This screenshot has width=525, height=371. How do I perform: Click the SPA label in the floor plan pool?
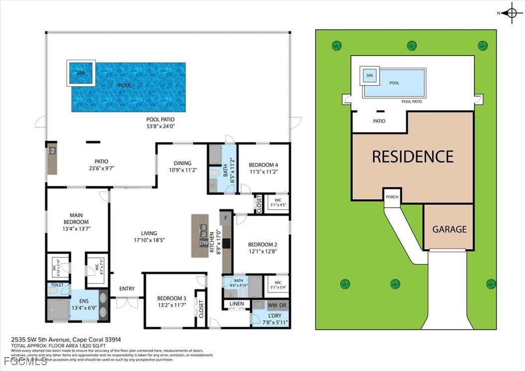(81, 73)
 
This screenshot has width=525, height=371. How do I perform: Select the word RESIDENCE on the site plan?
(412, 156)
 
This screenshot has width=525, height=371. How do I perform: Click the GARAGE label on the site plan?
(449, 229)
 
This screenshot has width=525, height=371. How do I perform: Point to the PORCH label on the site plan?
(392, 197)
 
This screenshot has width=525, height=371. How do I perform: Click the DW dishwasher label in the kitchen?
(204, 243)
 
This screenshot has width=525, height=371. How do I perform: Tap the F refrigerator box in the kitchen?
(226, 218)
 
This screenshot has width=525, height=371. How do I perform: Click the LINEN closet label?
(237, 303)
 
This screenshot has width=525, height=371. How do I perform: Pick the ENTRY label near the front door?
(127, 289)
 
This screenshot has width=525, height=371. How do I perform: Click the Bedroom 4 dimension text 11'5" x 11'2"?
(263, 172)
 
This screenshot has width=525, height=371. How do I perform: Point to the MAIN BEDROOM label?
(76, 218)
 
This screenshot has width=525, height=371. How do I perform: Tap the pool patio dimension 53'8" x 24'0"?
(160, 126)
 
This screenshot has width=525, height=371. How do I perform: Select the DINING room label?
(182, 163)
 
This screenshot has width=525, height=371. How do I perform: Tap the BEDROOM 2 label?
(262, 245)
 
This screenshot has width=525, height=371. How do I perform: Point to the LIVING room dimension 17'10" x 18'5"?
(149, 240)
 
